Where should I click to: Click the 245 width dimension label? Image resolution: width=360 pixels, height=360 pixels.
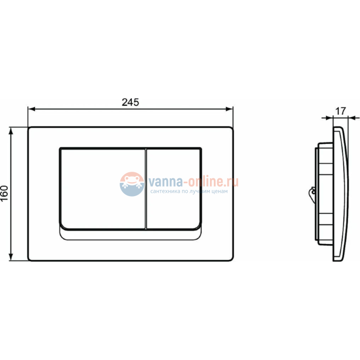point(129,102)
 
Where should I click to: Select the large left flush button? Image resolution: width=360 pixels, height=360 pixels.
point(102,188)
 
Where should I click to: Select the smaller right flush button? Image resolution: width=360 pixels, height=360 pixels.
point(173,188)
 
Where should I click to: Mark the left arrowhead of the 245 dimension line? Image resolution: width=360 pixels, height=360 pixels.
point(31,109)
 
